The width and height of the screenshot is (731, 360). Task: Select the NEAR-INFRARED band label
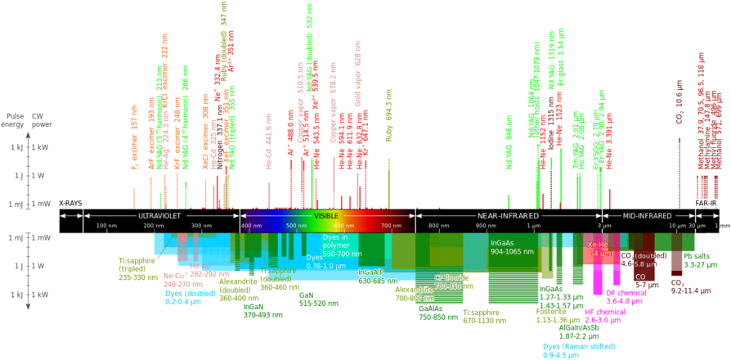(x=508, y=215)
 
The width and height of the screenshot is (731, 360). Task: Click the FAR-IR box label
(x=706, y=202)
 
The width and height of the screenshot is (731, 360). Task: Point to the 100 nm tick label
(x=106, y=225)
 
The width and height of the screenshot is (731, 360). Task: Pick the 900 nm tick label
(x=486, y=225)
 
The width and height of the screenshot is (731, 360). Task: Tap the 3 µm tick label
(x=605, y=225)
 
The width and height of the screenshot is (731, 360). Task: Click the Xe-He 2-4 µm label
(x=598, y=249)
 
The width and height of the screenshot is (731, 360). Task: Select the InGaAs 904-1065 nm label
(x=513, y=248)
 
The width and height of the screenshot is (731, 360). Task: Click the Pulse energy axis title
(x=15, y=119)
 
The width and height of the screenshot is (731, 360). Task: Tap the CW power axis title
(x=38, y=119)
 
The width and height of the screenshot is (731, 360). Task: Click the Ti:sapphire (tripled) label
(x=137, y=268)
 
